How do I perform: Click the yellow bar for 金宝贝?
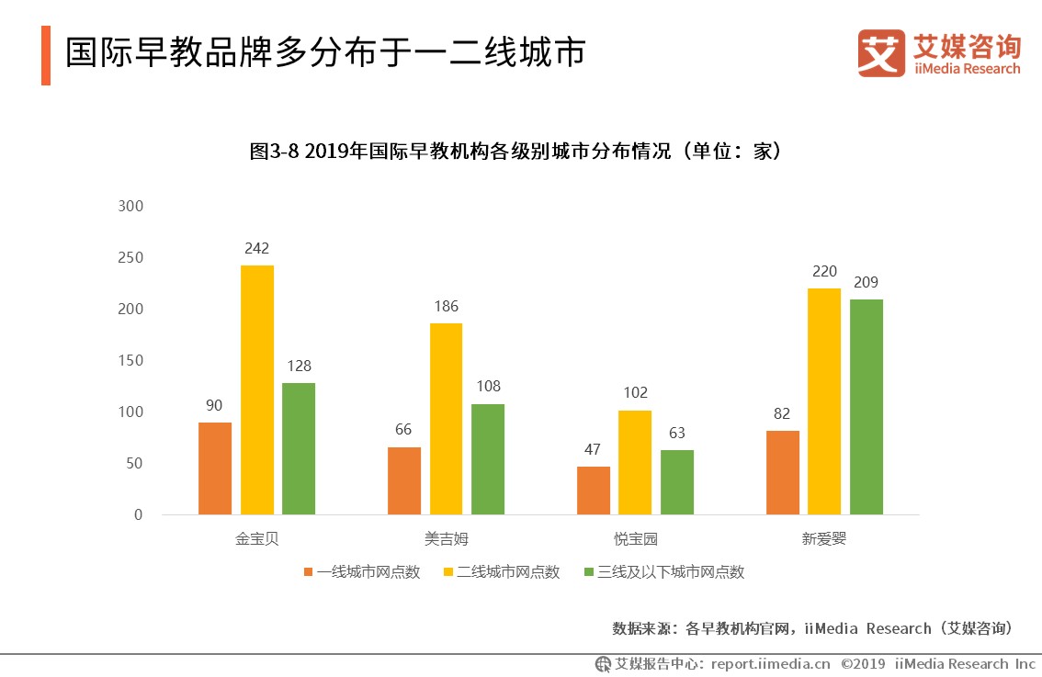[257, 389]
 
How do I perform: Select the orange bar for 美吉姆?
[404, 480]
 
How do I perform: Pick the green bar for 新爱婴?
[866, 407]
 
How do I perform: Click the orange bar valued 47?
[594, 491]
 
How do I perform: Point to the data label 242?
[257, 249]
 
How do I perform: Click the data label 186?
[447, 307]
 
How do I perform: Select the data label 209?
[866, 283]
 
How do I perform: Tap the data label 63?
[677, 434]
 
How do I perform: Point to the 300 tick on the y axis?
[131, 206]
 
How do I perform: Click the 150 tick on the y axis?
[131, 360]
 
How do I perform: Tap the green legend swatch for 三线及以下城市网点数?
[590, 572]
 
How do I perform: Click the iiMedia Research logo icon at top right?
[880, 53]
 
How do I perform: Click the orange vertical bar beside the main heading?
[46, 55]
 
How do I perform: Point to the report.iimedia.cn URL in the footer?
[770, 664]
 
